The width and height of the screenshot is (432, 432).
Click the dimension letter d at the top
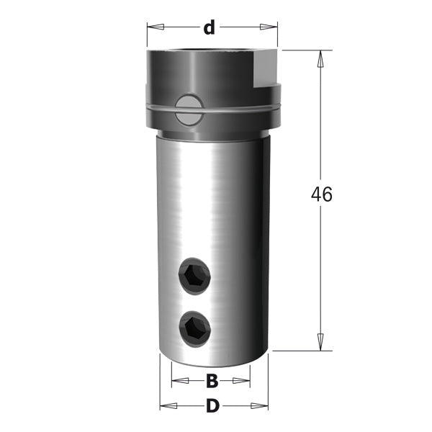tap(209, 28)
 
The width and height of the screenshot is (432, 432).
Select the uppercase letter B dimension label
tap(212, 381)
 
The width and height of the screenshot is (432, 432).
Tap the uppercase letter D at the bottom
tap(212, 406)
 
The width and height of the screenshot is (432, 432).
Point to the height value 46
tap(321, 194)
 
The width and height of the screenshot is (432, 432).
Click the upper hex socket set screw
tap(196, 276)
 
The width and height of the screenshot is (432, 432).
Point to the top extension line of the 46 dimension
tap(302, 50)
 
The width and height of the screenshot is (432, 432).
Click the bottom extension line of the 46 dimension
tap(302, 351)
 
